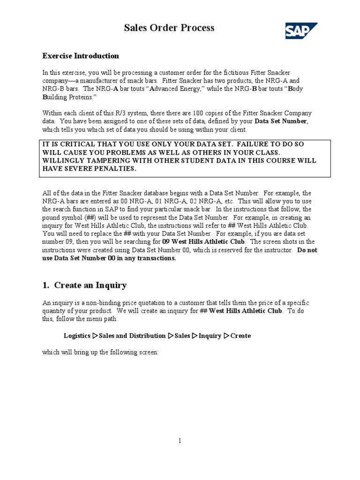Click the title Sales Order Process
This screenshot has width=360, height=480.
[x=169, y=28]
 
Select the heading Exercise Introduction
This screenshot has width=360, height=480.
[x=81, y=56]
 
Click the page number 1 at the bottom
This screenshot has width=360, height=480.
[x=180, y=440]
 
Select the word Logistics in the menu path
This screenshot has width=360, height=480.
[x=77, y=336]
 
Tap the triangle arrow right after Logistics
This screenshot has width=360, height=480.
[x=95, y=336]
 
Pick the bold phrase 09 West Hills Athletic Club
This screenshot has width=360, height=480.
[x=203, y=241]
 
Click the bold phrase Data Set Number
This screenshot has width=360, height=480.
[x=280, y=121]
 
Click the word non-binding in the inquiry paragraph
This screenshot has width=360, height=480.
[x=102, y=303]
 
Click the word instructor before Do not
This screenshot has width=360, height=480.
[x=279, y=250]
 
